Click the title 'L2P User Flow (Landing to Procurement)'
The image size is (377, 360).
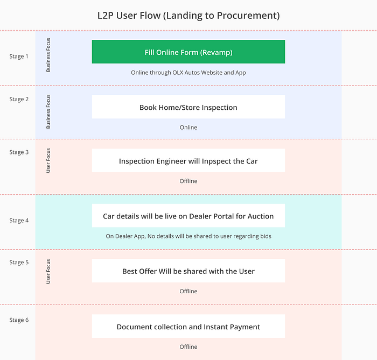(x=188, y=16)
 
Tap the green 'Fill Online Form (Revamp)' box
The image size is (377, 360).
(x=188, y=52)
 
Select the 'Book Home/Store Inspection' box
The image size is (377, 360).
(x=188, y=107)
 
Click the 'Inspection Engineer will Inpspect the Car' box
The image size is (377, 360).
(x=188, y=160)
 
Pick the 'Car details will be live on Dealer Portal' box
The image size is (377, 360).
(x=188, y=216)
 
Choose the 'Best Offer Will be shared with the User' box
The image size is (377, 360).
(x=188, y=271)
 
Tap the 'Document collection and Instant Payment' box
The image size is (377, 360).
(x=188, y=326)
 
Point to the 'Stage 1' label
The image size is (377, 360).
(x=19, y=57)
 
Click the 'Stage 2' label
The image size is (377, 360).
(x=19, y=99)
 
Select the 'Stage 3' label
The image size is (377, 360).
(x=19, y=152)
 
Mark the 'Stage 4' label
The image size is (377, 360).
(x=19, y=221)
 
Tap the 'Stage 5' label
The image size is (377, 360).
(x=19, y=262)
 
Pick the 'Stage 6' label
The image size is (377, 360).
(x=19, y=320)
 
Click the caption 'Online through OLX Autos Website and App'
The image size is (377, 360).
(x=188, y=73)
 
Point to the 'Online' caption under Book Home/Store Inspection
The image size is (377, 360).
(x=188, y=128)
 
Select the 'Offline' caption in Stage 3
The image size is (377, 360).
(x=188, y=181)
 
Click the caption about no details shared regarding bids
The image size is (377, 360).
(x=188, y=236)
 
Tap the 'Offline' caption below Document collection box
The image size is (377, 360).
(x=188, y=347)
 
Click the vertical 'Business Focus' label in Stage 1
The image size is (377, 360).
(x=48, y=55)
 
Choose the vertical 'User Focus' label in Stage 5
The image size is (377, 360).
(x=48, y=272)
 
